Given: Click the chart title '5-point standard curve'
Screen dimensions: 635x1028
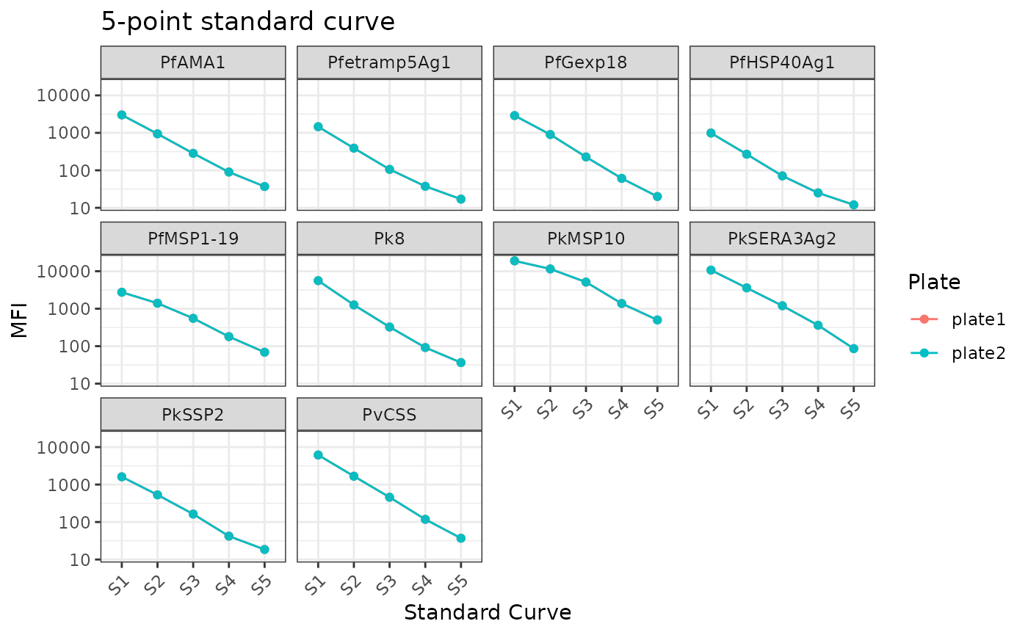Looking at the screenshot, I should (248, 22).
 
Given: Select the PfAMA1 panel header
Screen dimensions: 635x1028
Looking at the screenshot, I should (192, 62).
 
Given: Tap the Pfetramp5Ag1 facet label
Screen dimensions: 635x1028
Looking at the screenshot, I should (389, 62).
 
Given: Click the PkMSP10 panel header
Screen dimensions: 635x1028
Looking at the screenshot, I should (585, 239).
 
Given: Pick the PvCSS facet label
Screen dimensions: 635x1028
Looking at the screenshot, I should (389, 415).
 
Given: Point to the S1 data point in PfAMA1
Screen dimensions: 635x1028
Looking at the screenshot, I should (122, 115).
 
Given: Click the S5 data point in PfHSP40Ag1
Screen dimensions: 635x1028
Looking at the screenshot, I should (853, 205).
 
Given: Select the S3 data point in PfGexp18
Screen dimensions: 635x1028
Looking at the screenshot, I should (586, 157).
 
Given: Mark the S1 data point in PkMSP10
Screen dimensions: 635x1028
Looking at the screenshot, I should (515, 261).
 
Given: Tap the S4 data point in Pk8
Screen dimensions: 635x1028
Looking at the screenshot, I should (425, 347).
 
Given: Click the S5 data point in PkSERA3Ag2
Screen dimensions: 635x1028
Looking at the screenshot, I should (853, 349).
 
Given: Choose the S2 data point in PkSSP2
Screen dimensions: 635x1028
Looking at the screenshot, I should (157, 495).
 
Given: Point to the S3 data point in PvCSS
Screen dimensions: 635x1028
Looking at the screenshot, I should (389, 497).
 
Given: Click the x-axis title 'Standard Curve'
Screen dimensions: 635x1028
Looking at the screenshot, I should (488, 612).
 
